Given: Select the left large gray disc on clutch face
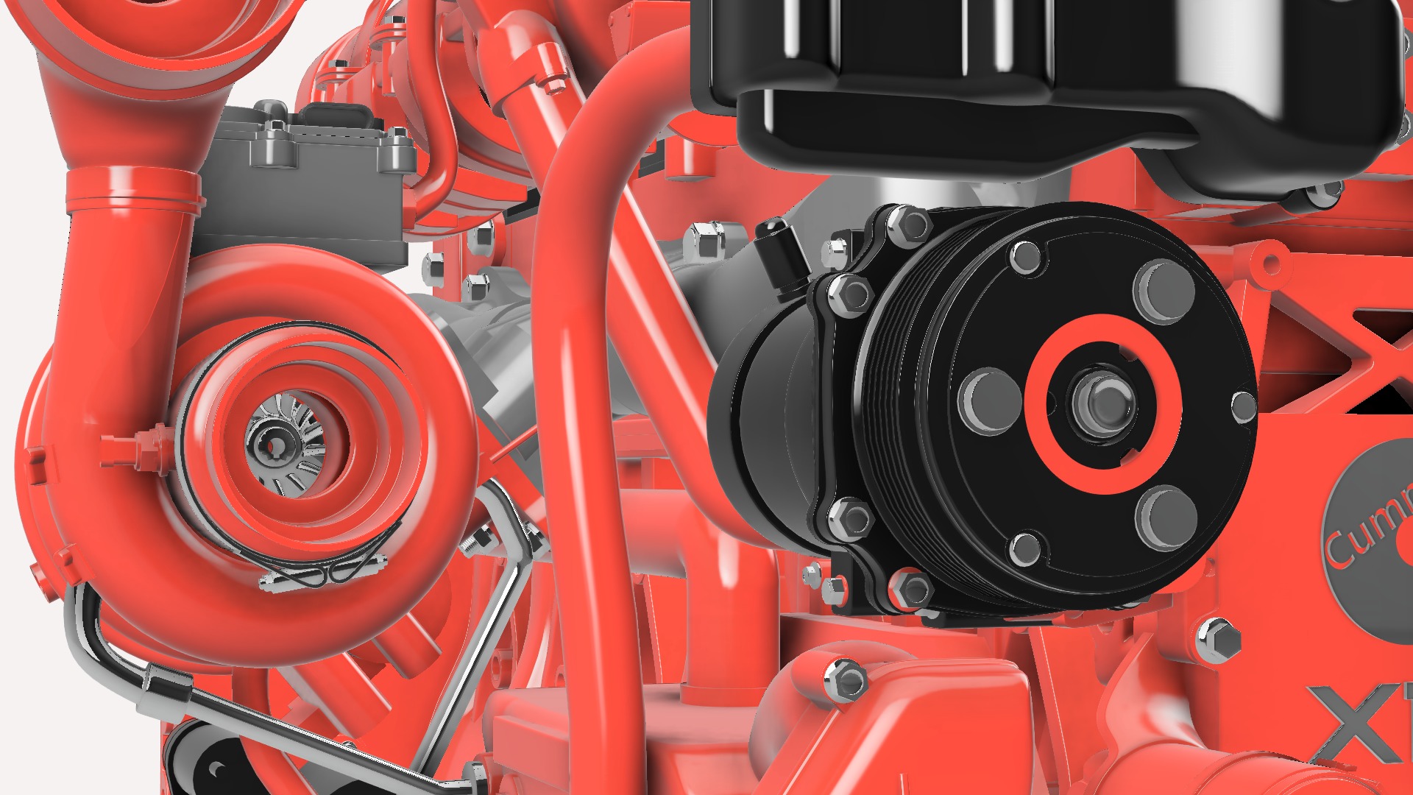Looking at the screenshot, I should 991,401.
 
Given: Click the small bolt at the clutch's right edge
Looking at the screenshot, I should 1244,406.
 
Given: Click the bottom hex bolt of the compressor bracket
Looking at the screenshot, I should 911,589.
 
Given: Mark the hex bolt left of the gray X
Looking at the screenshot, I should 1218,640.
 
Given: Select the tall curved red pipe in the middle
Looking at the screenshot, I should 581,294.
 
